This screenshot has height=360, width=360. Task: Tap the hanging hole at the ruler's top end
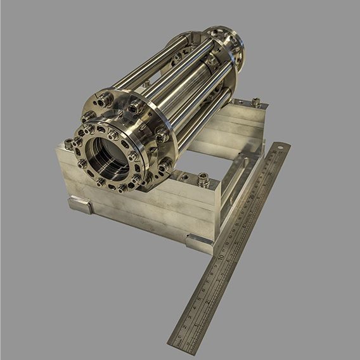(x=280, y=150)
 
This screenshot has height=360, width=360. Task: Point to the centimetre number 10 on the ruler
(x=221, y=258)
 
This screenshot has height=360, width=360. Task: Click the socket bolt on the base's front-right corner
(x=203, y=180)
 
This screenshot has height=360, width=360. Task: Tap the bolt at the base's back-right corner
(x=255, y=101)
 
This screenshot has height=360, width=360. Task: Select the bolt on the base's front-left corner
(x=68, y=144)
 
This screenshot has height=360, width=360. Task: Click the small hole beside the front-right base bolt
(x=184, y=177)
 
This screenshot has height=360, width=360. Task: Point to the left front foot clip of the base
(x=81, y=204)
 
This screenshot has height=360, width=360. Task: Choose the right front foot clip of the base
(x=200, y=240)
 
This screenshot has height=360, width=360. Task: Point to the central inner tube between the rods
(x=184, y=89)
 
